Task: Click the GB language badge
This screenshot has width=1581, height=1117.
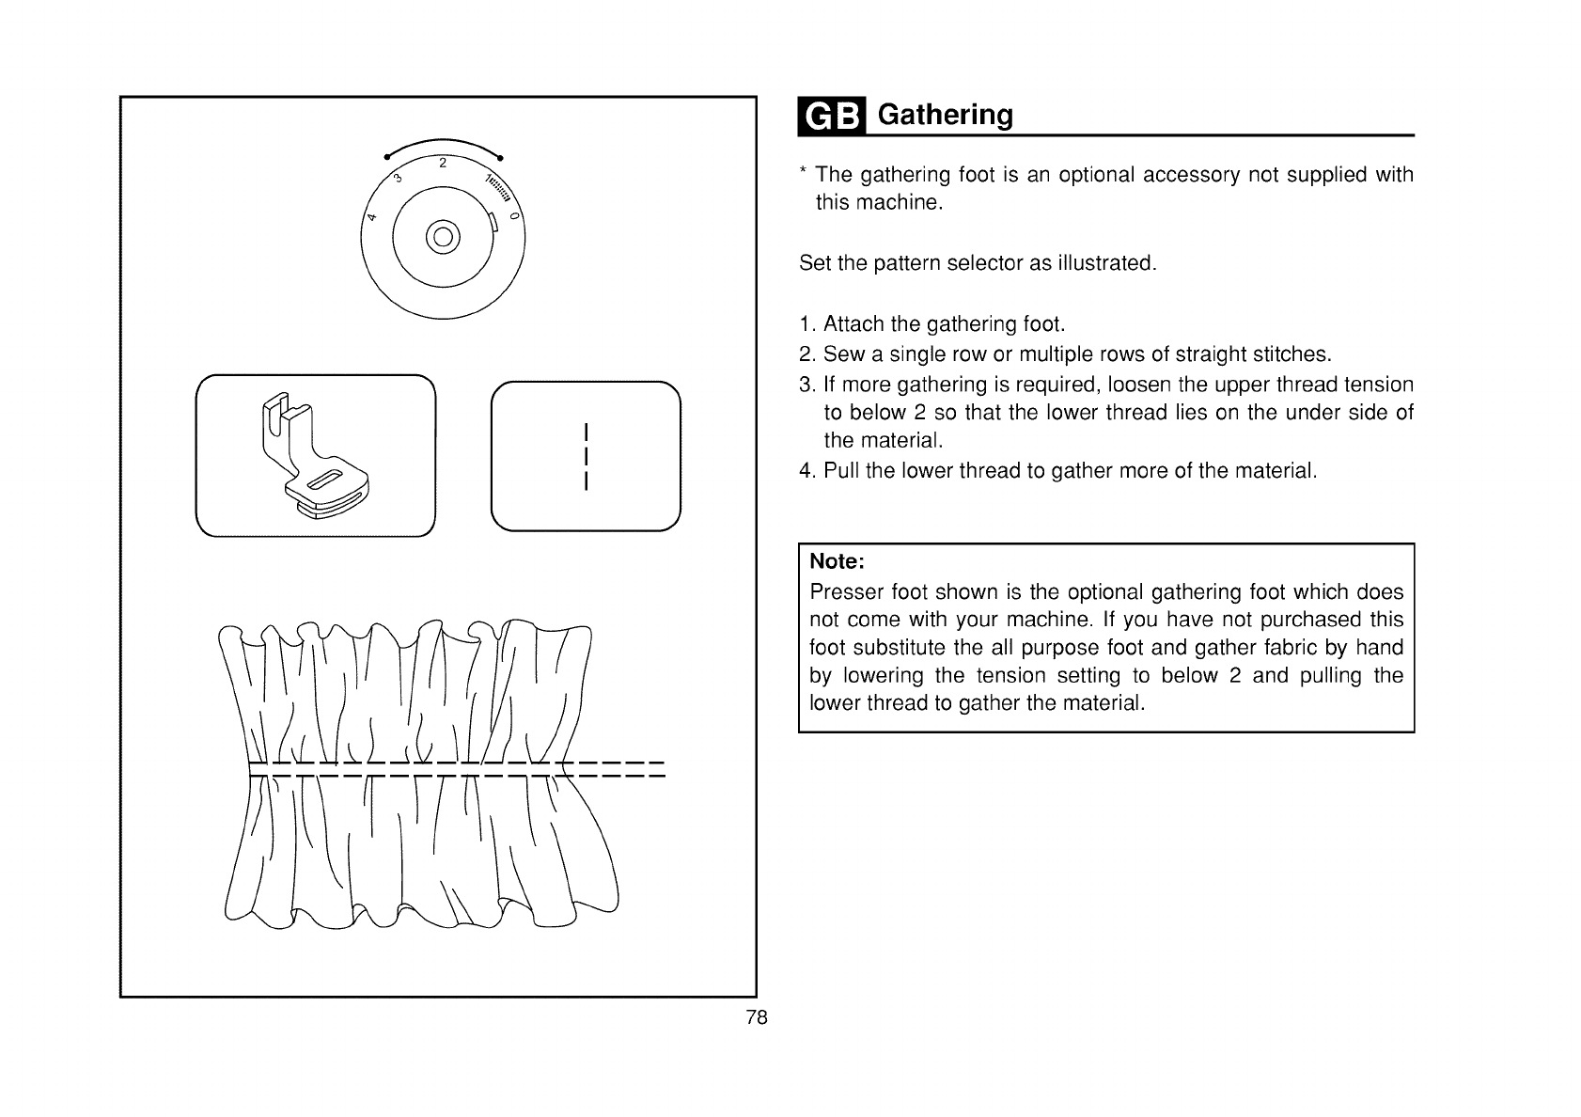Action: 831,116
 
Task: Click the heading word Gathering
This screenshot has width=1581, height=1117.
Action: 945,115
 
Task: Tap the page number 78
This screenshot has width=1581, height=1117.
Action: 757,1017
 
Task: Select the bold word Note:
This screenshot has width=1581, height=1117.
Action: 837,561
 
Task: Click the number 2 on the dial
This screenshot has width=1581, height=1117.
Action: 442,162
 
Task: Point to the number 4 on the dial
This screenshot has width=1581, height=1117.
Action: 372,218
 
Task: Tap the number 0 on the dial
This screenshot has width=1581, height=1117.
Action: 513,217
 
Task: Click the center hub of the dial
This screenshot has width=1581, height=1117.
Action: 443,235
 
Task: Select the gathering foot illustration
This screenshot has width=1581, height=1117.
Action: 315,454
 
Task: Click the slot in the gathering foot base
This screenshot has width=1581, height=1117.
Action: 325,480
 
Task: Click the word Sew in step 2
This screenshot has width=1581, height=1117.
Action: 838,354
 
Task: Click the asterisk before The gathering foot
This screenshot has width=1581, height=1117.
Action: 803,172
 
